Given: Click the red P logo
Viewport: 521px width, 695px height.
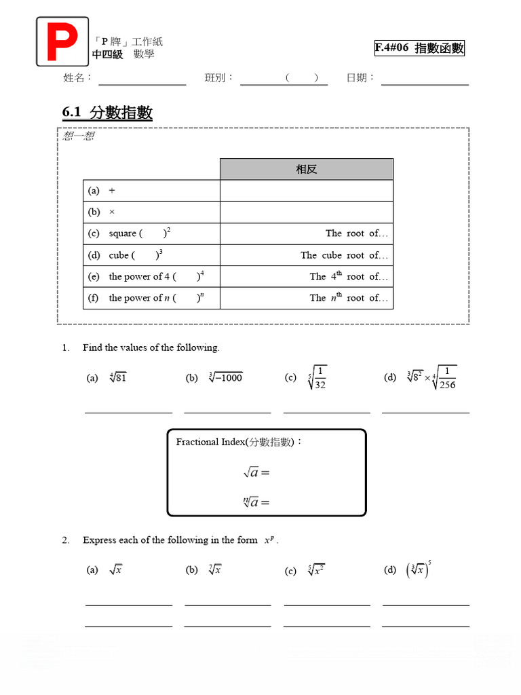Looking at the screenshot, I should tap(62, 41).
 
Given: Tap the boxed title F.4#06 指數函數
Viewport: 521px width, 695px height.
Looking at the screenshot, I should tap(419, 48).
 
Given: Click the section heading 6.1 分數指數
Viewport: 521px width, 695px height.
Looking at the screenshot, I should tap(107, 113).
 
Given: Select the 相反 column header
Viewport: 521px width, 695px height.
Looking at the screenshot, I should tap(306, 169).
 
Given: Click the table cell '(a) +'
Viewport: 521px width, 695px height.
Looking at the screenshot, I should tap(151, 191).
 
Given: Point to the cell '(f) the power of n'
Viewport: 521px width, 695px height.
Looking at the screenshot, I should tap(151, 298).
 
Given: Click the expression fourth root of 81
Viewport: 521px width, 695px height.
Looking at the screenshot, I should tap(117, 377).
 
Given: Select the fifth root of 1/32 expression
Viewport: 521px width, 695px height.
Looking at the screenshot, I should tap(317, 377).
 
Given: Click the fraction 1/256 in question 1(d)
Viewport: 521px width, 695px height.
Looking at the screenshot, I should tap(446, 378).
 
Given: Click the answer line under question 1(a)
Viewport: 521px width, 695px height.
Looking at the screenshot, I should tap(128, 412).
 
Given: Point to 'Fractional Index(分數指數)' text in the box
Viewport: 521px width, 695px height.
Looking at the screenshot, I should tap(239, 442).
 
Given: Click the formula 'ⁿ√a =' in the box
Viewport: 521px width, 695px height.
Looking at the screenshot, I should tap(256, 502).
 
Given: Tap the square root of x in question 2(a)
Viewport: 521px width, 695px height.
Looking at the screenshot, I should tap(115, 570).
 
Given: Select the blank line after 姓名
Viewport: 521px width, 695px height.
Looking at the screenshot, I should tap(142, 84).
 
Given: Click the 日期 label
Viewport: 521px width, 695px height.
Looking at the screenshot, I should tap(360, 78).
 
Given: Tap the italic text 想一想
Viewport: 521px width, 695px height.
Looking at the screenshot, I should tap(79, 136).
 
